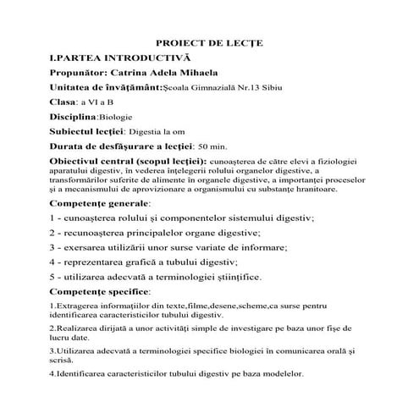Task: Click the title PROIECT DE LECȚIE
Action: coord(209,42)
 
